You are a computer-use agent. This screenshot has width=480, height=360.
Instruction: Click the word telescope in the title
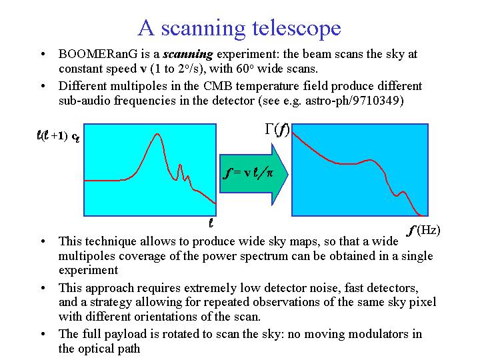tap(296, 28)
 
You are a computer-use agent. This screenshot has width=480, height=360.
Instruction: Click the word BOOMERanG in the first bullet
tap(98, 54)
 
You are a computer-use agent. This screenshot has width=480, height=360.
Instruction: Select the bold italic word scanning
tap(188, 55)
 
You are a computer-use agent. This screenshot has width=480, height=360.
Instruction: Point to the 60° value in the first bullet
tap(245, 68)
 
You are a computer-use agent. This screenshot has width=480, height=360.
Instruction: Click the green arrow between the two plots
tap(254, 174)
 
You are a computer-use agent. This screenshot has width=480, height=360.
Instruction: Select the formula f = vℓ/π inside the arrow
tap(248, 173)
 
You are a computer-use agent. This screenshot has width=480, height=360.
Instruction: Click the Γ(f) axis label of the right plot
tap(277, 129)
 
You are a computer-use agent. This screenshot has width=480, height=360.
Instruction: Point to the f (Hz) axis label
tap(424, 230)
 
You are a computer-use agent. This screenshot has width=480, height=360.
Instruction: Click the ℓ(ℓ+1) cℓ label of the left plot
tap(58, 136)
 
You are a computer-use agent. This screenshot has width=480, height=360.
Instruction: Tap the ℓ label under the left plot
tap(211, 223)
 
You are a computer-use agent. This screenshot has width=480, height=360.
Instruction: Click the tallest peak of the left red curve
tap(157, 134)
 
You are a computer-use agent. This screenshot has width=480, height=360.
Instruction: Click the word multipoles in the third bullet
tap(87, 256)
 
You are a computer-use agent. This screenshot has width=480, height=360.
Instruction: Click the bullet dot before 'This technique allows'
tap(43, 241)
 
